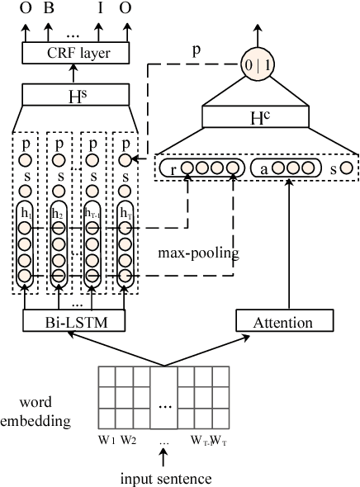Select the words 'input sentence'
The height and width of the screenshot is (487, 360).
click(x=164, y=477)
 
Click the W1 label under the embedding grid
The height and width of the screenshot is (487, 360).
click(x=106, y=438)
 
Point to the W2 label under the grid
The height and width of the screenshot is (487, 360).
click(x=128, y=438)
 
